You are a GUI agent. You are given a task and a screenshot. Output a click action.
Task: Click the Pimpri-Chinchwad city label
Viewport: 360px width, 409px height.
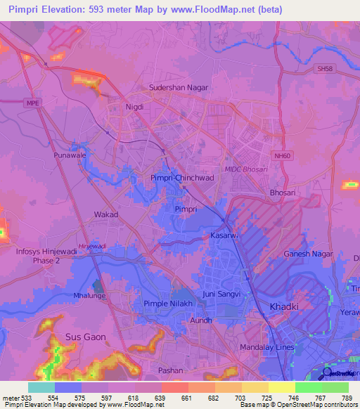(x=182, y=179)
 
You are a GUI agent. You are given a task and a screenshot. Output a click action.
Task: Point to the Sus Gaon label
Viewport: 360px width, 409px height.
(x=85, y=337)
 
